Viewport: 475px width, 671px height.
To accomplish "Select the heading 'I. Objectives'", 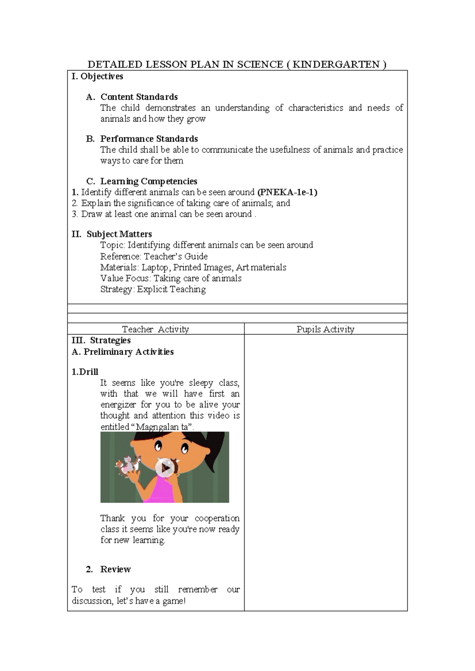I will pos(97,76).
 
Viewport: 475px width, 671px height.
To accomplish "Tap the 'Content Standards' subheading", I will pos(139,97).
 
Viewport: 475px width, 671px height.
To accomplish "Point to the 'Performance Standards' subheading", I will pos(149,139).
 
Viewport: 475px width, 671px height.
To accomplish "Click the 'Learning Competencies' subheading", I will pos(148,181).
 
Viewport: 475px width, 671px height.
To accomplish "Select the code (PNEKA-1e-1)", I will pos(287,192).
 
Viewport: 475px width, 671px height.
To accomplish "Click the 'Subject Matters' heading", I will pos(119,234).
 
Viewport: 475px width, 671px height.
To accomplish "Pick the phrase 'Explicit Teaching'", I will pos(171,289).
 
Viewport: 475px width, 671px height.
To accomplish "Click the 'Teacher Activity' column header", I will pos(155,329).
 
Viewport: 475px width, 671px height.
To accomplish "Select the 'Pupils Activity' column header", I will pos(325,329).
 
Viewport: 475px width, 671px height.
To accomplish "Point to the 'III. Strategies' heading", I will pos(101,340).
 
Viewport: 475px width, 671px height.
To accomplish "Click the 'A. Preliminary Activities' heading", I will pos(123,352).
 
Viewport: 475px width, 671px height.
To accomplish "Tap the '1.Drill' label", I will pos(85,372).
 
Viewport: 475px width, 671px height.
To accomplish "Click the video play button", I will pos(165,468).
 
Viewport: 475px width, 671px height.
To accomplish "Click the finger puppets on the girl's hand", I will pos(129,464).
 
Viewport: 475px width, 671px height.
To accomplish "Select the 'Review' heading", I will pos(115,569).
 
